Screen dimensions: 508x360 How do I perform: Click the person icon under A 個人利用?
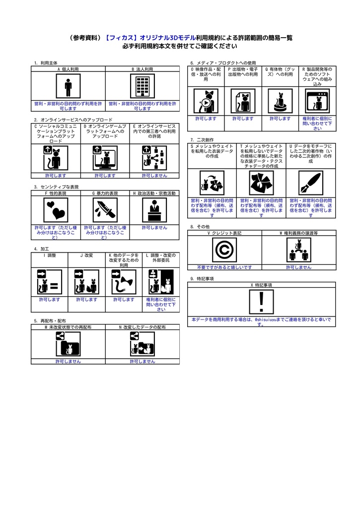click(x=68, y=86)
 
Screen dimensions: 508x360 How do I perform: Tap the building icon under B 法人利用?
click(x=143, y=86)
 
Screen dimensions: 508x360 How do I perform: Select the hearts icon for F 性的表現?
click(x=56, y=210)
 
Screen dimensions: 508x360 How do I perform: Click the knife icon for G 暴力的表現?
click(x=105, y=210)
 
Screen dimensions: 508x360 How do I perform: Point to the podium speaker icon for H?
click(x=154, y=210)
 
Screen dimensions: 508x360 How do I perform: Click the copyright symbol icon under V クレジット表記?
click(x=224, y=250)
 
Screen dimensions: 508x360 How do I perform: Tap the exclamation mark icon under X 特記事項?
click(x=261, y=302)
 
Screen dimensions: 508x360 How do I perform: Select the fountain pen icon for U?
click(x=311, y=183)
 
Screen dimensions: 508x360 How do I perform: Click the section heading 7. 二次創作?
click(x=199, y=140)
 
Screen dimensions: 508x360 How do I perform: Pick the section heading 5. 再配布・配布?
click(x=50, y=321)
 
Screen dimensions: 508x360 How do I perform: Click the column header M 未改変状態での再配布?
click(x=68, y=327)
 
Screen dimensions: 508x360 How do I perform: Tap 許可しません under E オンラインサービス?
click(x=154, y=176)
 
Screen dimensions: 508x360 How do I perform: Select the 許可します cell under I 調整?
click(x=50, y=300)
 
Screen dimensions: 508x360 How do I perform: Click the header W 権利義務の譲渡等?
click(x=298, y=233)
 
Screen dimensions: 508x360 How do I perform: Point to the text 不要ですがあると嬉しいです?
click(x=224, y=267)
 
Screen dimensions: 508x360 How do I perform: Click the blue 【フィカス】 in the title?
click(x=122, y=38)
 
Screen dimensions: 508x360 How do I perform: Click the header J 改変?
click(x=87, y=255)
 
